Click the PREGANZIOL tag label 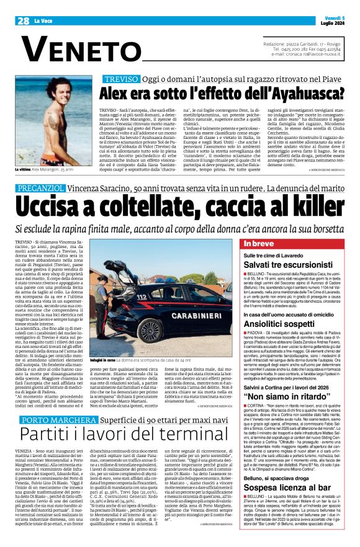(x=41, y=187)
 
